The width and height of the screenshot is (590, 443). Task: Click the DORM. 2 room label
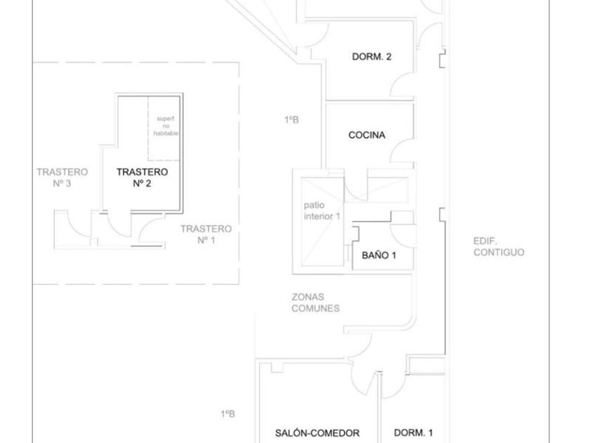tap(372, 57)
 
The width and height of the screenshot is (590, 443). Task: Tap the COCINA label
tap(367, 135)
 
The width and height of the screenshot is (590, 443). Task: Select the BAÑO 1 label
tap(379, 255)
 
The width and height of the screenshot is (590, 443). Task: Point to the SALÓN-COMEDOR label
tap(317, 433)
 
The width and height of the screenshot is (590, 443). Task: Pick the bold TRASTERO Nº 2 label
tap(142, 177)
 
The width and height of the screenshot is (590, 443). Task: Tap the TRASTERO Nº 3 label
tap(63, 177)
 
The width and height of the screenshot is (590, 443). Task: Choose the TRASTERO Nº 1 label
tap(205, 234)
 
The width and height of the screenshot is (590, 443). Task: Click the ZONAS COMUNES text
tap(315, 302)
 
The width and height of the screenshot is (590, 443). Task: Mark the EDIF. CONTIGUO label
tap(498, 246)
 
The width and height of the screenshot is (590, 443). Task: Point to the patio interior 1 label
tap(322, 210)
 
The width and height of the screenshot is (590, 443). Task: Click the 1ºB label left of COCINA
tap(291, 120)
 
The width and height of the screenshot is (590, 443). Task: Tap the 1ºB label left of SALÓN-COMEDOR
tap(228, 414)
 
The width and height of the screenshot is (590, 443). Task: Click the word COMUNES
tap(315, 308)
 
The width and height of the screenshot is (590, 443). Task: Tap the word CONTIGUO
tap(498, 252)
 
